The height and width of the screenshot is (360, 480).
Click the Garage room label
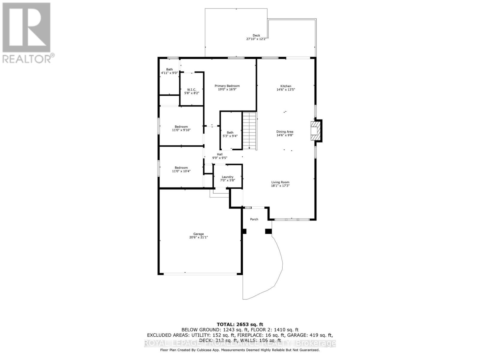coord(198,234)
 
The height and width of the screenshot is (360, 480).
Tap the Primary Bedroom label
coord(227,86)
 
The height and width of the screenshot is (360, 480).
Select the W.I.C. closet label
coord(192,90)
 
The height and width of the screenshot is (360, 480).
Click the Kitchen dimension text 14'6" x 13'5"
coord(286,90)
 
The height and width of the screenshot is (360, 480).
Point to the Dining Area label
coord(285,132)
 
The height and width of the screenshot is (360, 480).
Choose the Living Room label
coord(280,182)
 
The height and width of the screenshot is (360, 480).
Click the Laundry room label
coord(227,177)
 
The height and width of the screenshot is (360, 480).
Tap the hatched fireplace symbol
coord(315,131)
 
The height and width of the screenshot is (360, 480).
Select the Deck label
coord(256,35)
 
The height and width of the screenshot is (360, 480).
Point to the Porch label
coord(254,219)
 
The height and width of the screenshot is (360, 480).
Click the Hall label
coord(220,154)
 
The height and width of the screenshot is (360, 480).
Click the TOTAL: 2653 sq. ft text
coord(240,324)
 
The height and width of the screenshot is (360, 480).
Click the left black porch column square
coord(244,231)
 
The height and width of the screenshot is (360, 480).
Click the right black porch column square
coord(268,231)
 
